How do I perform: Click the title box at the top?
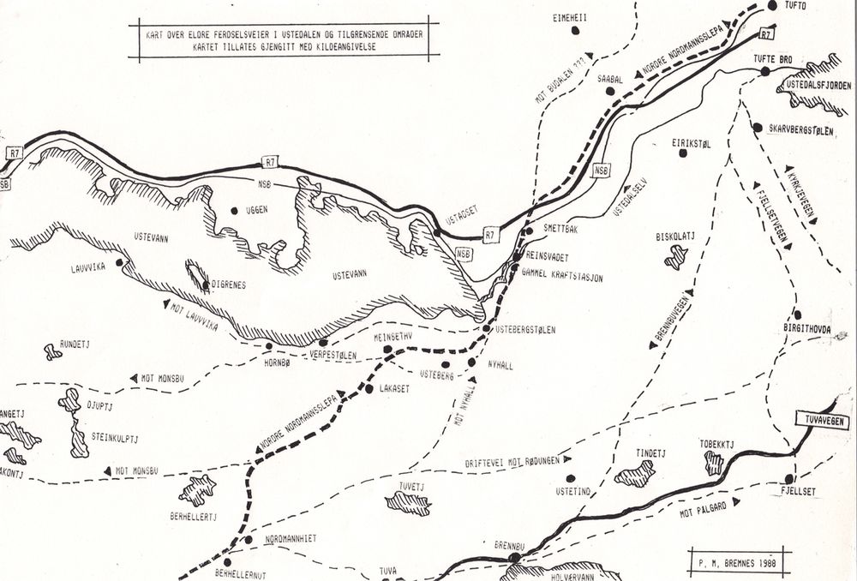(x=284, y=40)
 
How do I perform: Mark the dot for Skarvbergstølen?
(x=757, y=128)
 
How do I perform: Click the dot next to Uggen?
(x=234, y=210)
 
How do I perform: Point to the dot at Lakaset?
(x=369, y=389)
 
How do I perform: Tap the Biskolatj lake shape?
(x=677, y=256)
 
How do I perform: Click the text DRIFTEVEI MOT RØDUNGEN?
(x=512, y=461)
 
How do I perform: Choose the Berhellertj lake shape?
(x=197, y=491)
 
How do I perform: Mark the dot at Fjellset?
(x=789, y=478)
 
